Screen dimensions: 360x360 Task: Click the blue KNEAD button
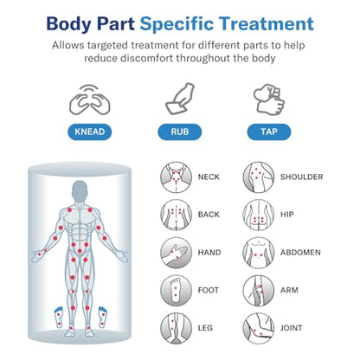point(90,132)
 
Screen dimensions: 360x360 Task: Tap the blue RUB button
point(180,132)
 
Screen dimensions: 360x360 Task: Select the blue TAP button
point(269,132)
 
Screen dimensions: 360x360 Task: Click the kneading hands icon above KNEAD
point(90,100)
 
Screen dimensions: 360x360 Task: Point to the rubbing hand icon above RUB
point(180,99)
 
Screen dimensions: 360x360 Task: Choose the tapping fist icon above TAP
point(269,100)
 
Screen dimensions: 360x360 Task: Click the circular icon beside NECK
point(177,177)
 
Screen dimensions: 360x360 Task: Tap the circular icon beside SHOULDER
point(259,177)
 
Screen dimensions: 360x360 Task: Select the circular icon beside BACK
point(177,215)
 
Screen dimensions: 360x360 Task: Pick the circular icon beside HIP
point(259,215)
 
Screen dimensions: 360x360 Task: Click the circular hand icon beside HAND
point(177,253)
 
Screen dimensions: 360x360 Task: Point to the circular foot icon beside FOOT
point(177,291)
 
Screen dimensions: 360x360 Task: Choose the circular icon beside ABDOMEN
point(259,253)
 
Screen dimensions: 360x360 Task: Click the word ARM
point(289,290)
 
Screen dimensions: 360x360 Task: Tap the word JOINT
point(292,328)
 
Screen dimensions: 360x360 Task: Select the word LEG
point(205,328)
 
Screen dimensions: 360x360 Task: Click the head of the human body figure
point(80,191)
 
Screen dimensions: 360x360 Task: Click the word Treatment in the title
point(267,23)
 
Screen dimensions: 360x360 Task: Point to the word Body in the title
point(68,24)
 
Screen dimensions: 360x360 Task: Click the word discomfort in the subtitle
point(147,58)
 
